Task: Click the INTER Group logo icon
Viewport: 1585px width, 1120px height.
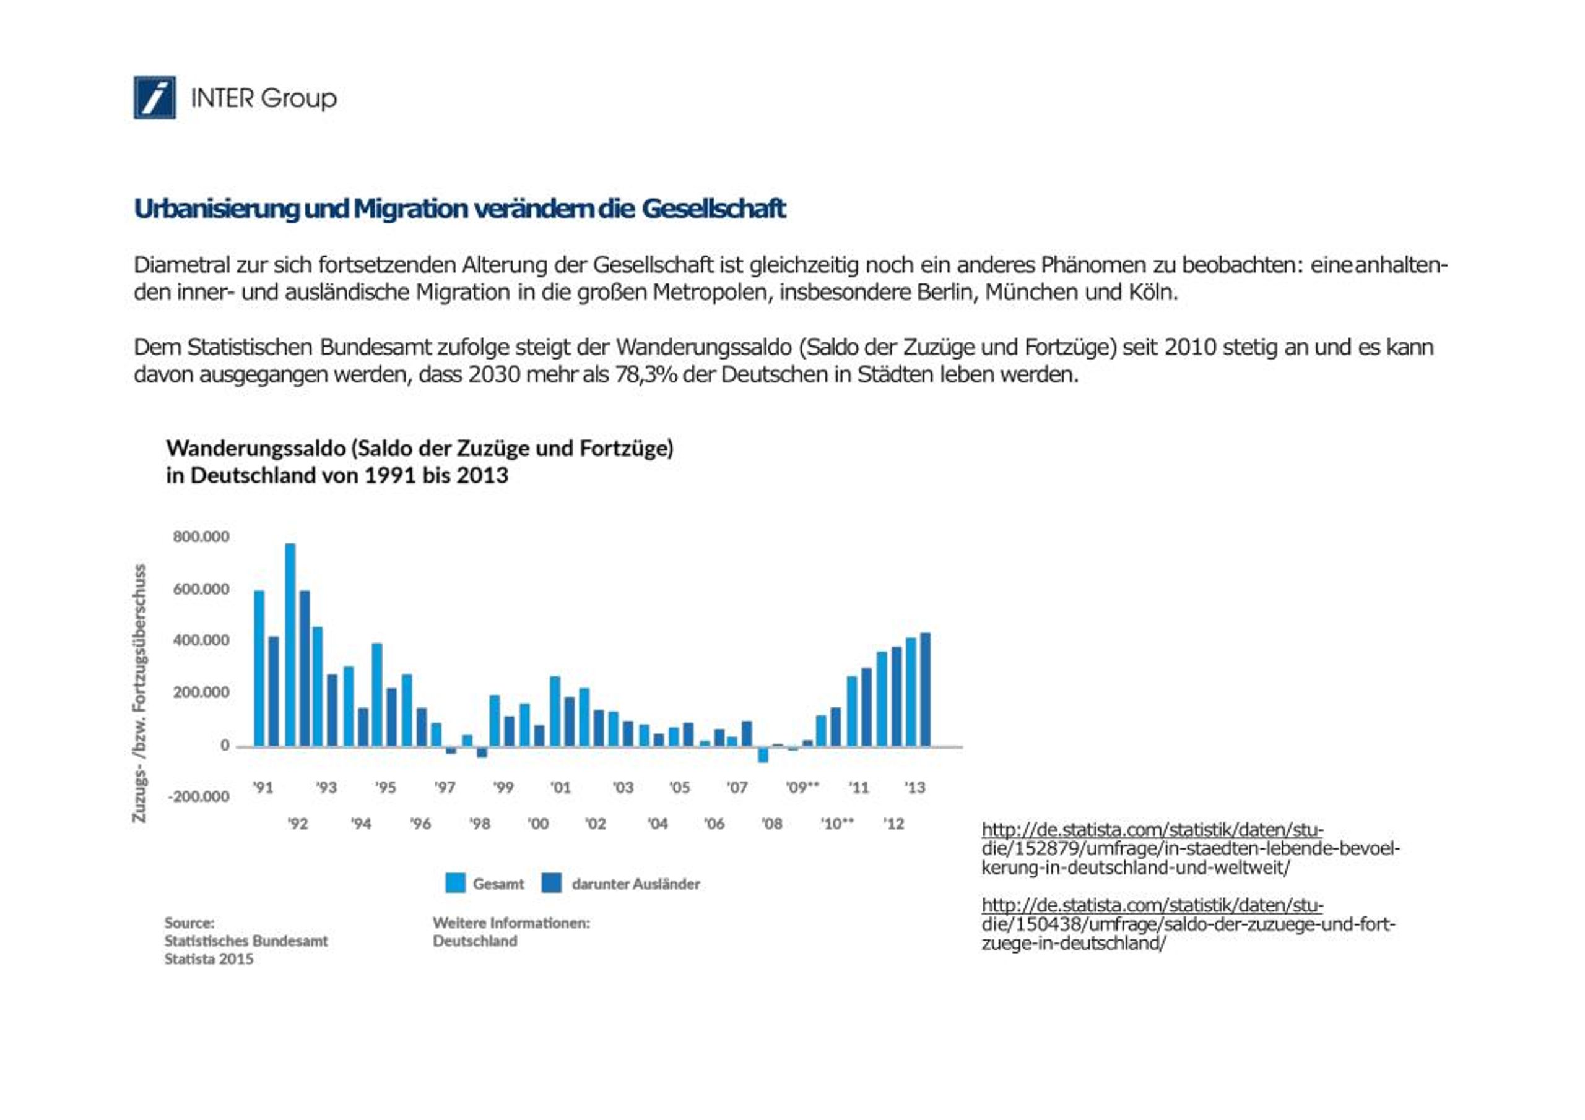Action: click(155, 97)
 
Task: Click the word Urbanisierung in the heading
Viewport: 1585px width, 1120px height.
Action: click(217, 209)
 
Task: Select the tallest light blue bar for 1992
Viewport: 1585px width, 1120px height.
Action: click(290, 645)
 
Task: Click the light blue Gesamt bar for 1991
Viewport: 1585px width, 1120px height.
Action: click(259, 668)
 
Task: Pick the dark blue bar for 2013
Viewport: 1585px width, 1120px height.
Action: click(925, 689)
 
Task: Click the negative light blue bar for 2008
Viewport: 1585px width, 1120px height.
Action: click(763, 754)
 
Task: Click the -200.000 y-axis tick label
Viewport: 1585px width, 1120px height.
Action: click(199, 796)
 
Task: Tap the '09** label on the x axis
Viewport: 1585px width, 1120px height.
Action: click(802, 786)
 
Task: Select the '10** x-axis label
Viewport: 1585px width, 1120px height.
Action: click(836, 823)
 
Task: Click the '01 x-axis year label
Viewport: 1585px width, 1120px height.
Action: click(560, 786)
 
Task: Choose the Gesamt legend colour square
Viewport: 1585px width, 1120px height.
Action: click(455, 883)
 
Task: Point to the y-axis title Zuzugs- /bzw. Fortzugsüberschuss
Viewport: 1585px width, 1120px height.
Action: click(139, 693)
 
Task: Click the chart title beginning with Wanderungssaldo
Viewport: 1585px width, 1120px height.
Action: click(420, 462)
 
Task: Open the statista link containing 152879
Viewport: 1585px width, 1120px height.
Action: click(1190, 848)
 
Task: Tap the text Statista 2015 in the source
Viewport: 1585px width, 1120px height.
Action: click(209, 958)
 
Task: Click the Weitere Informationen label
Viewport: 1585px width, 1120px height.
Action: click(511, 923)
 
